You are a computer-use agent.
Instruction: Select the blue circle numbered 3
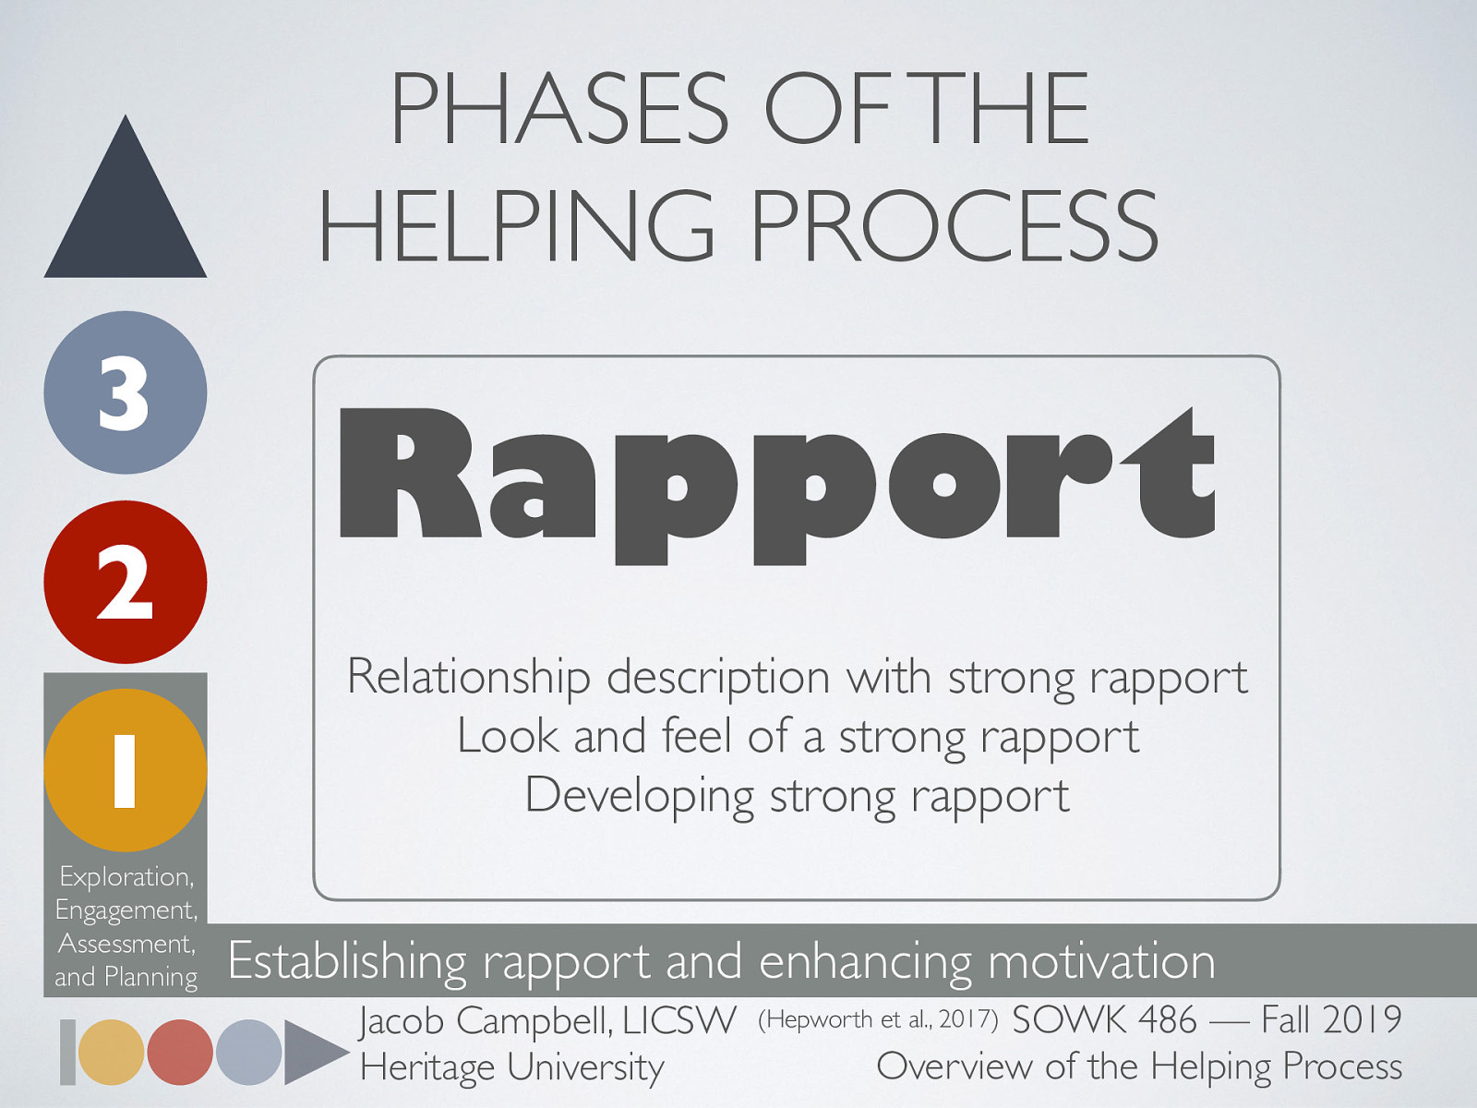126,392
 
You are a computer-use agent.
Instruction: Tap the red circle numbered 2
126,582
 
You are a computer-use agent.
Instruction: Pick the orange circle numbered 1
126,770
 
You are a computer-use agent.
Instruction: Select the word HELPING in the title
517,226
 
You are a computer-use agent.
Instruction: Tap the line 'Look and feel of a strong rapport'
798,737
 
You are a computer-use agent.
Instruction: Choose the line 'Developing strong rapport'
798,796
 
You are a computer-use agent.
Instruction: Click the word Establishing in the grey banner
347,961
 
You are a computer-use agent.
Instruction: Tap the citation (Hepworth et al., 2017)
877,1019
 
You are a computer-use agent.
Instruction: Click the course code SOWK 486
1104,1020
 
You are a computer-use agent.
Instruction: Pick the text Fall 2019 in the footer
1331,1020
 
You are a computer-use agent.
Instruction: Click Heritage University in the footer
511,1067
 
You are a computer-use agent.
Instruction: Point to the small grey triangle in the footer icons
312,1052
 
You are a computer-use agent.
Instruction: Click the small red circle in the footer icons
180,1052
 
